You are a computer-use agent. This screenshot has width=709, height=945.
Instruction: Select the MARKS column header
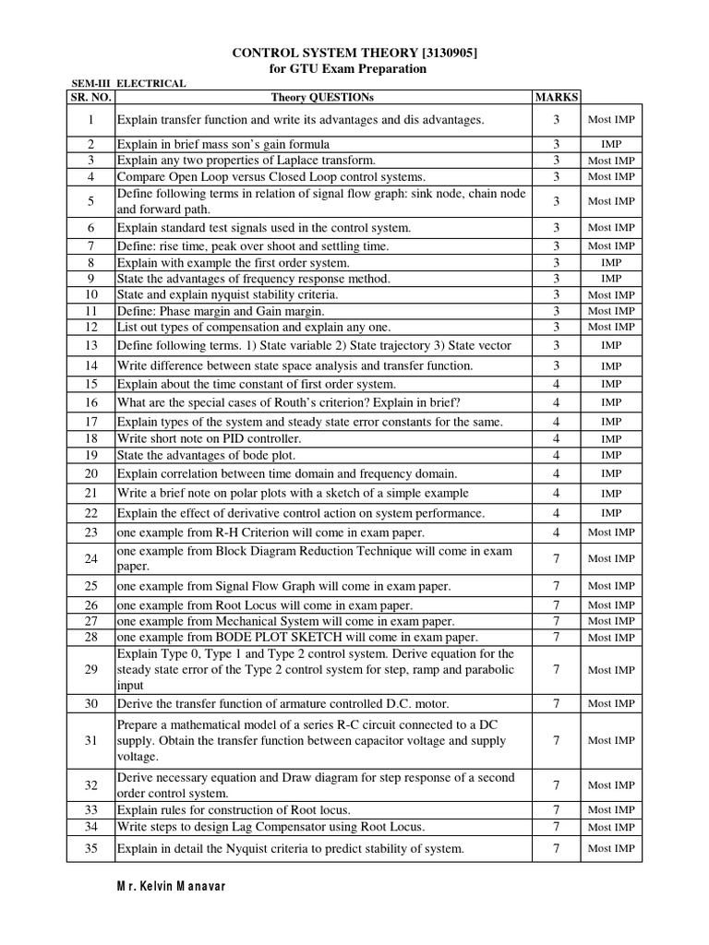(556, 96)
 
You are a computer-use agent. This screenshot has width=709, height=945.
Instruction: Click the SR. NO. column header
(90, 96)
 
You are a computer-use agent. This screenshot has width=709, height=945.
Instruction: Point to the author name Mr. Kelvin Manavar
(171, 886)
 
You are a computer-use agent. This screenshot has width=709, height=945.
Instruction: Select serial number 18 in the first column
(91, 438)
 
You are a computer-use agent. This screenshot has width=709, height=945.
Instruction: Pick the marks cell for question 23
(556, 532)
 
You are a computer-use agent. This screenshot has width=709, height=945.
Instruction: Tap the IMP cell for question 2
(610, 145)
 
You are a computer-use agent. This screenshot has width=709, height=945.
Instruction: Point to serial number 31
(91, 740)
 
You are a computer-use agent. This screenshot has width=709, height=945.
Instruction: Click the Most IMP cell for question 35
(610, 848)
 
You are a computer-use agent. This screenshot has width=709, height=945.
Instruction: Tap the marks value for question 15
(556, 384)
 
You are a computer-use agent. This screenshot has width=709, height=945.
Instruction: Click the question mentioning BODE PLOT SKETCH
(297, 638)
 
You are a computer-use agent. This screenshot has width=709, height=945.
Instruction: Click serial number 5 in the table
(91, 200)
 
